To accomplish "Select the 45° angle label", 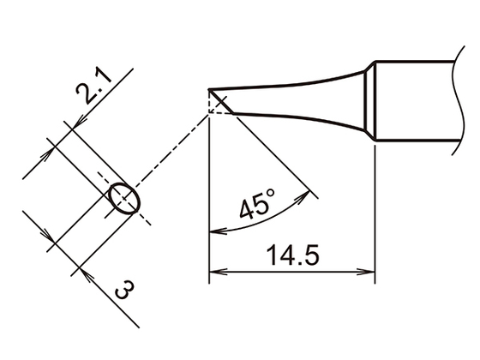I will tap(256, 207).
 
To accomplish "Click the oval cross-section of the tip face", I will tap(123, 199).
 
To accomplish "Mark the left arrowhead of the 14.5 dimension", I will tap(216, 275).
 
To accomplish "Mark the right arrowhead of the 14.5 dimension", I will tap(369, 275).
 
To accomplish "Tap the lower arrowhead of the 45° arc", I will tap(214, 231).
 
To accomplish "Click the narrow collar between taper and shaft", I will tap(371, 102).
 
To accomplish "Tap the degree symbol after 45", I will tap(272, 196).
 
